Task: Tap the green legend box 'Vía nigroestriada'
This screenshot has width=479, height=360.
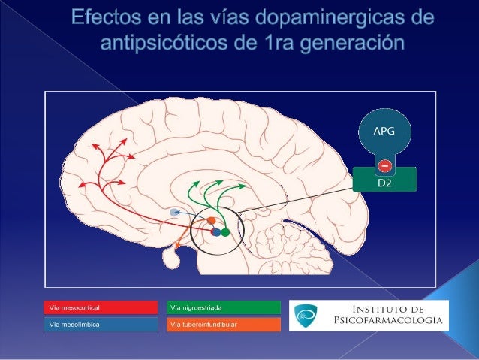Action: point(223,307)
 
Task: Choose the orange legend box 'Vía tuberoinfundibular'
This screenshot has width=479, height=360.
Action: point(223,325)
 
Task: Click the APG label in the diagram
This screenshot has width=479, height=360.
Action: point(384,130)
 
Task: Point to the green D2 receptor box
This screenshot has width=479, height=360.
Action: point(384,181)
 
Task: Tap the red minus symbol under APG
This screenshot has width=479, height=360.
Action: point(384,165)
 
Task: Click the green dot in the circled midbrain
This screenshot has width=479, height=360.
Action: point(225,233)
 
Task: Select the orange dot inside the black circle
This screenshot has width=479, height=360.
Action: point(212,221)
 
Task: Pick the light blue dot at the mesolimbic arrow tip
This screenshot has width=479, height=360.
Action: point(176,213)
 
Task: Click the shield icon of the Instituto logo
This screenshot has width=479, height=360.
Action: point(303,314)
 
